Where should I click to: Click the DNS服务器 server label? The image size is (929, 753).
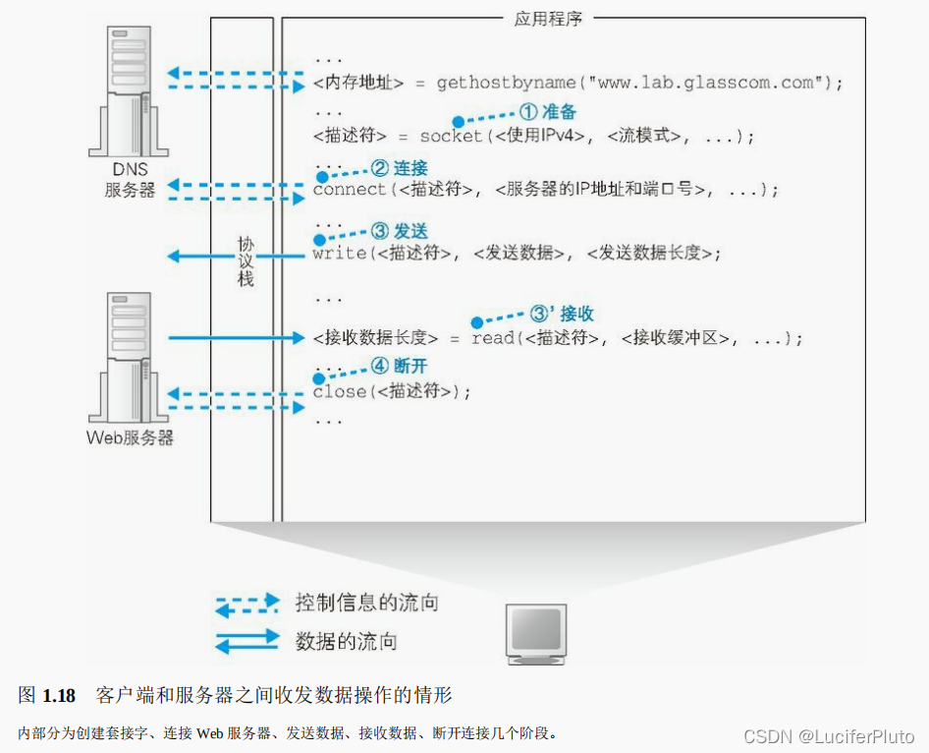pos(130,180)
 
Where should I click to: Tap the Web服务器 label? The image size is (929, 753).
pos(130,437)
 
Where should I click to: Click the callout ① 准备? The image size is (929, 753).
pos(547,113)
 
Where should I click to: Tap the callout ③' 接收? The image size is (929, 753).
pos(562,314)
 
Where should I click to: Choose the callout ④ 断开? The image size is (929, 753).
pos(399,366)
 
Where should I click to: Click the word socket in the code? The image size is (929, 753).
pos(452,137)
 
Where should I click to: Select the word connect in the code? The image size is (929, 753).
pos(350,190)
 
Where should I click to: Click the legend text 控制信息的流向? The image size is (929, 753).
pos(366,602)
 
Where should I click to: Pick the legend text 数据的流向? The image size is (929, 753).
pos(346,642)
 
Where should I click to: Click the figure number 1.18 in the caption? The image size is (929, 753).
pos(59,696)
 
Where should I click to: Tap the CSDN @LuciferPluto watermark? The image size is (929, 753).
pos(829,736)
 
